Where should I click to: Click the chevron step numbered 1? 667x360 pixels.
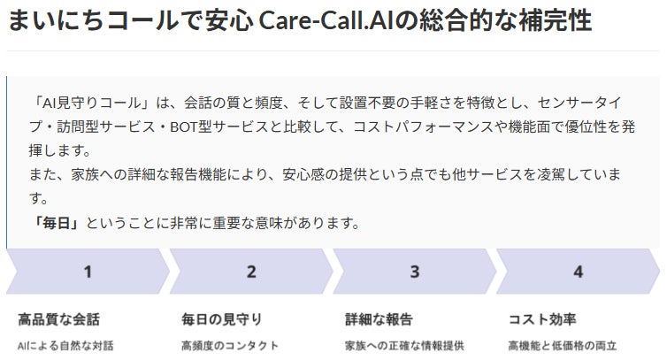click(x=87, y=272)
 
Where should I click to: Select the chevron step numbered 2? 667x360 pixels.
click(x=250, y=272)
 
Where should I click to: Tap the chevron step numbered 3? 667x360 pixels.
click(x=414, y=272)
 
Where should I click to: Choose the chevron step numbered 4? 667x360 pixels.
click(x=578, y=272)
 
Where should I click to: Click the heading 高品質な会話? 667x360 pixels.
click(x=59, y=318)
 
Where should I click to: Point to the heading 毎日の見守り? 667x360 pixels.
click(x=222, y=318)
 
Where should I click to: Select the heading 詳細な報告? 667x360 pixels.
click(x=379, y=318)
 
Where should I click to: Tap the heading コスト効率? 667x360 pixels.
click(x=541, y=318)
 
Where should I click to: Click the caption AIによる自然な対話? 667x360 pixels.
click(x=66, y=345)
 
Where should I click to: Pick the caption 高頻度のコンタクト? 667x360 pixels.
click(x=230, y=345)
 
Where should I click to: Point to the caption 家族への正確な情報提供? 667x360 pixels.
click(x=404, y=345)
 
